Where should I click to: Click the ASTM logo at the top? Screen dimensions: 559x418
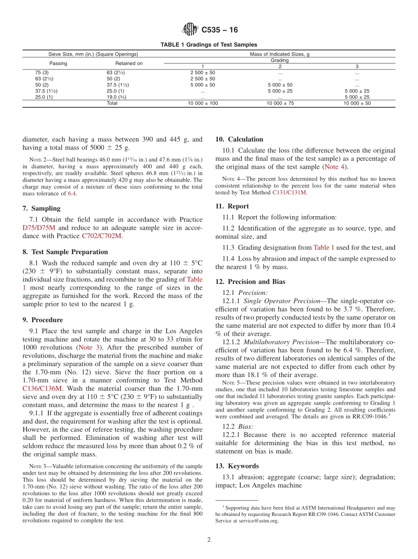point(190,30)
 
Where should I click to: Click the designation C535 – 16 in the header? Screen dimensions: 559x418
point(220,30)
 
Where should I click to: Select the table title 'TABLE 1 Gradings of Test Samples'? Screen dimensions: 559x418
point(209,45)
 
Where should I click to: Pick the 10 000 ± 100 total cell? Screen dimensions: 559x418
point(202,103)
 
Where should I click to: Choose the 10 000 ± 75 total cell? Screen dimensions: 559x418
point(279,103)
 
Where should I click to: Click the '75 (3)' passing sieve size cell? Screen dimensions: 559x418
point(42,73)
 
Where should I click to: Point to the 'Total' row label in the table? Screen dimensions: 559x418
point(112,103)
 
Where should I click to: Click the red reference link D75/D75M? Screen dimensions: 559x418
point(39,228)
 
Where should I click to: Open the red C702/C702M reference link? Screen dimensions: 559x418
point(101,236)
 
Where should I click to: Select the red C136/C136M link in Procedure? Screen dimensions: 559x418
point(42,388)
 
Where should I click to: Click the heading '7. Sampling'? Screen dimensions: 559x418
point(41,208)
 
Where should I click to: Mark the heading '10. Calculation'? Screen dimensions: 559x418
point(239,139)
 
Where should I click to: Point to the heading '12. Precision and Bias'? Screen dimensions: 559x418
point(250,282)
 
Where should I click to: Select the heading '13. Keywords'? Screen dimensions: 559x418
point(237,466)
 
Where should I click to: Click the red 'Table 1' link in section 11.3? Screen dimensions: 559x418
point(323,247)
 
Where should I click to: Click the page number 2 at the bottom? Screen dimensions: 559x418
point(209,540)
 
